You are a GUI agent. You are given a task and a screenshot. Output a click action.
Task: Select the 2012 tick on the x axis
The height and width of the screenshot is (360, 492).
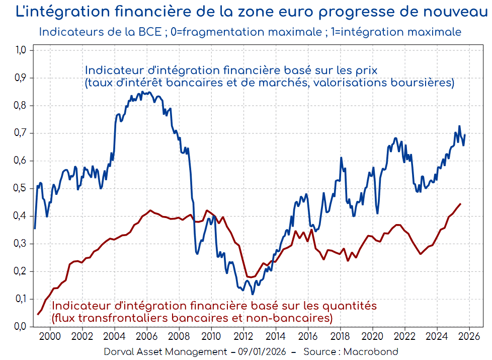[243, 337]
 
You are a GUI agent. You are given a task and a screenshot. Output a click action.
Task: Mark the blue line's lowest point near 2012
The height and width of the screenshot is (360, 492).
[253, 294]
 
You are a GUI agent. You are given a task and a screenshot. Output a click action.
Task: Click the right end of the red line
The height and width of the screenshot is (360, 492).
[460, 204]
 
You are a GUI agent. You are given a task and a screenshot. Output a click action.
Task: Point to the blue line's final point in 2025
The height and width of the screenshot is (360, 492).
[465, 135]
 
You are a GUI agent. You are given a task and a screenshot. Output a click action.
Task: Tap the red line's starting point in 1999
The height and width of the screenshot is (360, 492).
[38, 314]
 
